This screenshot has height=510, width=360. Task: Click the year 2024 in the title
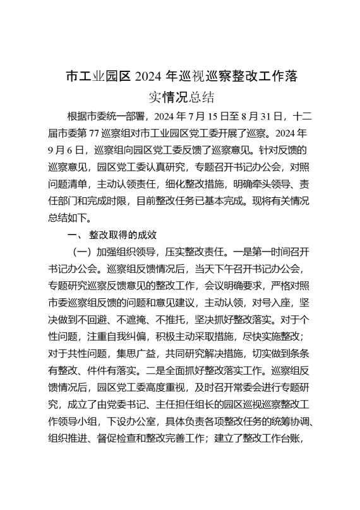coord(150,78)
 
